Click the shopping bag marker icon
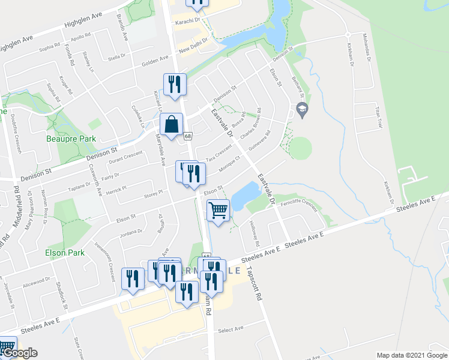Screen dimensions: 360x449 coord(171,125)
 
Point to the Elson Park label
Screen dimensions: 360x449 coord(65,253)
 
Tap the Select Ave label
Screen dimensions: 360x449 coord(231,329)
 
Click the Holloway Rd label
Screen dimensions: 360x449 coord(256,232)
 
